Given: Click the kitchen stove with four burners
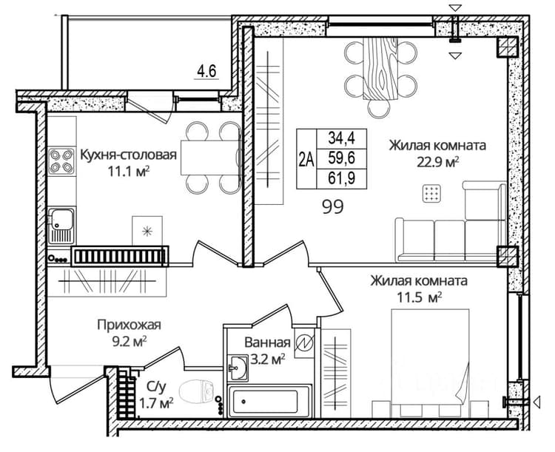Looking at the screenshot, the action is (61, 161).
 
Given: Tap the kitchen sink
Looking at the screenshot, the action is (61, 225).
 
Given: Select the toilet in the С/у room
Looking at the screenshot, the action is (197, 393).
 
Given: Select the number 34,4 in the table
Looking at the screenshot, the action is (341, 138).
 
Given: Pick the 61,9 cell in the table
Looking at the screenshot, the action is (341, 178).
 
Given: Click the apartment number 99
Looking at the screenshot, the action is (333, 206).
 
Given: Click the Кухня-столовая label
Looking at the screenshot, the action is (129, 155).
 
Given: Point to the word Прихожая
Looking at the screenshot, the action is (129, 325).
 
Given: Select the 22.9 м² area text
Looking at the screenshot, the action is (438, 163).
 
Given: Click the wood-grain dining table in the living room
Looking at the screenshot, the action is (380, 69).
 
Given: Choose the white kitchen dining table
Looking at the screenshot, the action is (209, 158).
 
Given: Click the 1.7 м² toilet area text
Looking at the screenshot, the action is (155, 402).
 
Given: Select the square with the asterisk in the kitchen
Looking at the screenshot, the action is (147, 231).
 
